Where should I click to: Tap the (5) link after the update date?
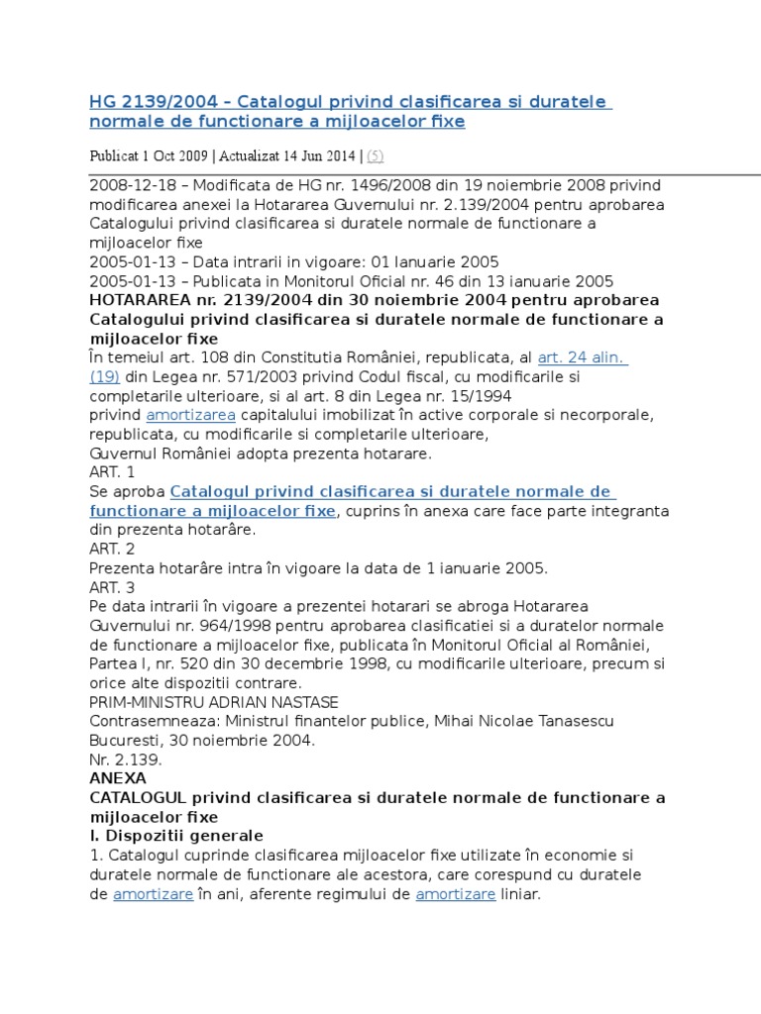coord(377,154)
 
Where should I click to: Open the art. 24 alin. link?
coord(583,357)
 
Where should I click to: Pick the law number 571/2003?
coord(245,376)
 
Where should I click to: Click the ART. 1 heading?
coord(112,472)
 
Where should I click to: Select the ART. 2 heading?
coord(112,549)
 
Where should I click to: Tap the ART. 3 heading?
coord(112,587)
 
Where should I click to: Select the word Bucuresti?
coord(125,740)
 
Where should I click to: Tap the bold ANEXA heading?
coord(118,778)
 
